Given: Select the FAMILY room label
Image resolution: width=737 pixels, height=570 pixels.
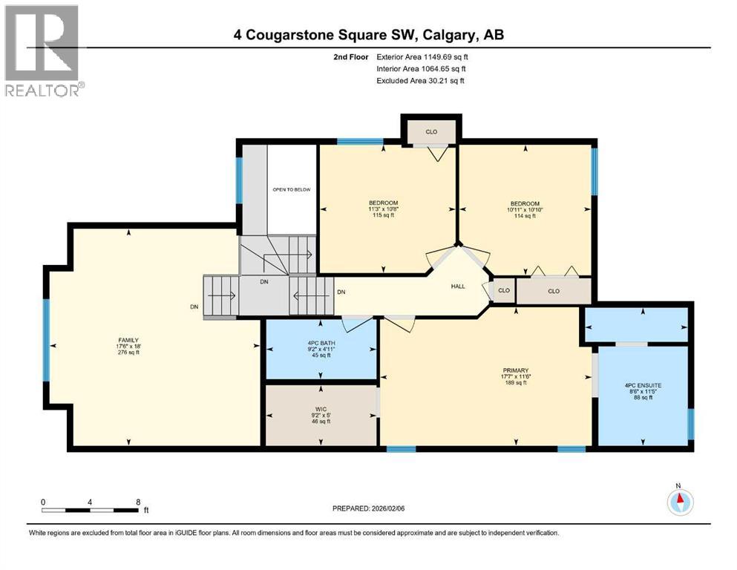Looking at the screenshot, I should (x=122, y=346).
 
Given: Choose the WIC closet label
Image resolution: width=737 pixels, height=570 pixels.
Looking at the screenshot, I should (x=320, y=415).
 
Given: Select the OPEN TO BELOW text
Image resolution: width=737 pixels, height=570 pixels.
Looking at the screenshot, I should (x=291, y=189).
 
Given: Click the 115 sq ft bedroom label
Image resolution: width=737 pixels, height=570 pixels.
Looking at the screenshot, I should (x=384, y=209).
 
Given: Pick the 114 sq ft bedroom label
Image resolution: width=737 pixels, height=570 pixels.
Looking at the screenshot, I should (x=524, y=209).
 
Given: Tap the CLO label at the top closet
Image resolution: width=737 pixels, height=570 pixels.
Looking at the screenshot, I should (x=430, y=131).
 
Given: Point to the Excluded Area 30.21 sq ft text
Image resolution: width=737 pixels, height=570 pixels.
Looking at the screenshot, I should (x=421, y=80).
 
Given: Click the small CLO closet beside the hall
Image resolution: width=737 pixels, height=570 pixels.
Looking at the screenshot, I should (x=503, y=290).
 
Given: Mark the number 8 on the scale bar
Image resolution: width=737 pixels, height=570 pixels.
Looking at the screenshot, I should (x=138, y=502).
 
